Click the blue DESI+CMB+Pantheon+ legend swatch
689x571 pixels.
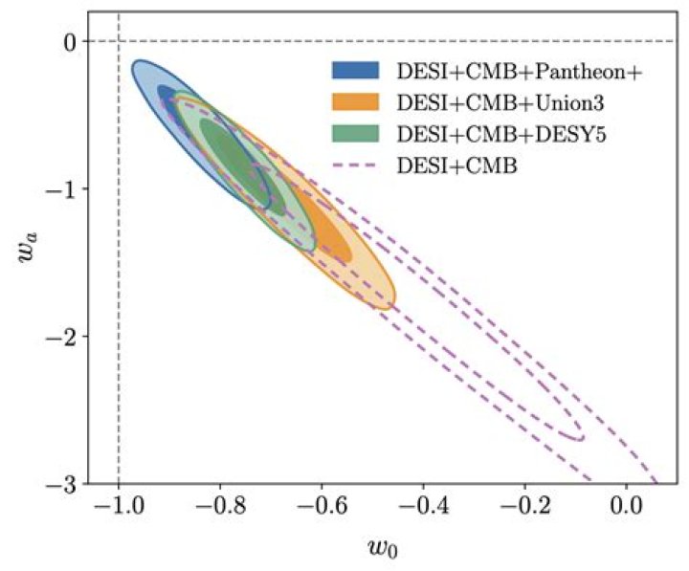pyautogui.click(x=355, y=70)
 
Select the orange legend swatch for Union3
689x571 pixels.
pyautogui.click(x=355, y=102)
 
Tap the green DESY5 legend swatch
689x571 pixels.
pyautogui.click(x=355, y=134)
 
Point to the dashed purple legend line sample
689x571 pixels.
pyautogui.click(x=355, y=165)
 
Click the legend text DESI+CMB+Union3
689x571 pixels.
pyautogui.click(x=500, y=102)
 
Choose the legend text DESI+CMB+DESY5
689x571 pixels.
pyautogui.click(x=501, y=135)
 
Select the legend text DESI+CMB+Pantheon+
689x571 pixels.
pyautogui.click(x=520, y=71)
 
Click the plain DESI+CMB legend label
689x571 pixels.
pyautogui.click(x=457, y=166)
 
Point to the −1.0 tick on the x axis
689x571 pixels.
pyautogui.click(x=119, y=507)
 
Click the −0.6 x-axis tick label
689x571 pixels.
pyautogui.click(x=322, y=507)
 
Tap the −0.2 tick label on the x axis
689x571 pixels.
pyautogui.click(x=524, y=507)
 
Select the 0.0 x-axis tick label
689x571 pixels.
pyautogui.click(x=626, y=507)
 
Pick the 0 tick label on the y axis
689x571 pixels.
pyautogui.click(x=72, y=41)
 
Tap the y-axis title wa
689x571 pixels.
pyautogui.click(x=27, y=248)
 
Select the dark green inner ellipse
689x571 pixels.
pyautogui.click(x=243, y=167)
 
